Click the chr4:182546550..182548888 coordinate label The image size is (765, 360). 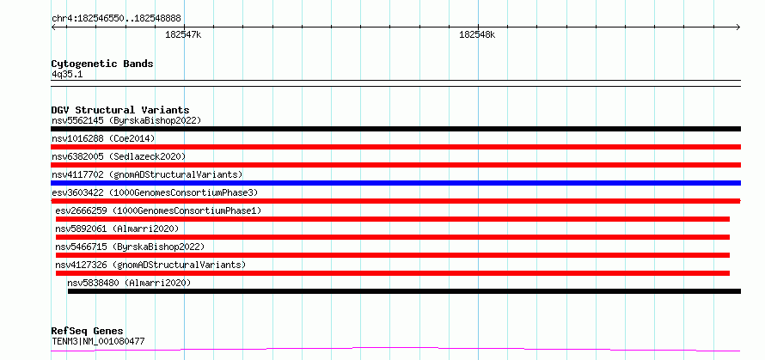pos(116,19)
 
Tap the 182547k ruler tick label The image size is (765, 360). pos(183,34)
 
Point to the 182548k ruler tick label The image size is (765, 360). pos(477,34)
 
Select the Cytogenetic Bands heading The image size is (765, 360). pos(102,64)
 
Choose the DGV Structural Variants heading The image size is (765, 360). pos(120,110)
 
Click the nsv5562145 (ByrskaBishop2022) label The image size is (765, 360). pos(126,120)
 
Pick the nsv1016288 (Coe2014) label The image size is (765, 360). pos(103,138)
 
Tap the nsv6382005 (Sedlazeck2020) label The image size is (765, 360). pos(119,156)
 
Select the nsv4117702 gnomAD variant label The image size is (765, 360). pos(147,174)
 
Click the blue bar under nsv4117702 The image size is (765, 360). pos(395,183)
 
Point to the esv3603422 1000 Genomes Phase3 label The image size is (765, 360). pos(155,192)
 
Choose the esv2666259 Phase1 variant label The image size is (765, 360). pos(158,211)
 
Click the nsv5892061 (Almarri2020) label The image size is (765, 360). pos(117,229)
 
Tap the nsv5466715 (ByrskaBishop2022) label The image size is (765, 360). pos(131,247)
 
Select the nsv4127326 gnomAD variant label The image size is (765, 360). pos(150,265)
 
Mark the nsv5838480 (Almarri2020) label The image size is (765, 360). pos(129,283)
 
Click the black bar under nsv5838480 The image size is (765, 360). pos(404,291)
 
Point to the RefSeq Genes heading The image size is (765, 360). pos(88,332)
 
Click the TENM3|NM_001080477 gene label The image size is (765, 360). pos(98,341)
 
